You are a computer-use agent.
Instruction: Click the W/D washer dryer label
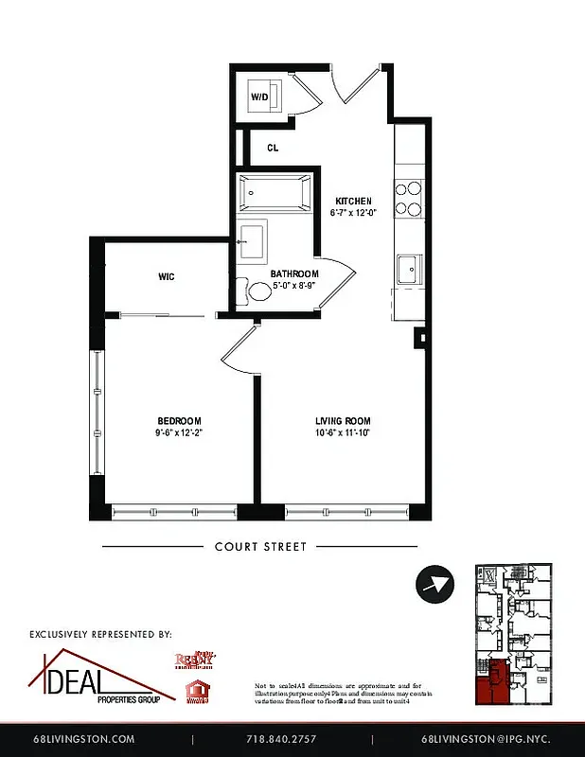259,97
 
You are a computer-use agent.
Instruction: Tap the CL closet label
273,148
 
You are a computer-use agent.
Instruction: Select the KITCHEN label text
353,201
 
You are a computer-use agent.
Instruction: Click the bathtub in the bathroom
275,193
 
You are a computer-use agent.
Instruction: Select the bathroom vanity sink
252,238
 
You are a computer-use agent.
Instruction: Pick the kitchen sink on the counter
410,269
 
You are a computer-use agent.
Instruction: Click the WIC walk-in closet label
167,277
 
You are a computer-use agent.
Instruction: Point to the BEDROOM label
179,421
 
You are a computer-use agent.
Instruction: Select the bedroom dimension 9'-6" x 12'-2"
179,432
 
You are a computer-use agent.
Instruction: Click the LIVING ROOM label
343,421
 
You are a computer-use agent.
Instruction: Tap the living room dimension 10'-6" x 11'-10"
343,432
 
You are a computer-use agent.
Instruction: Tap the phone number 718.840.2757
281,739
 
